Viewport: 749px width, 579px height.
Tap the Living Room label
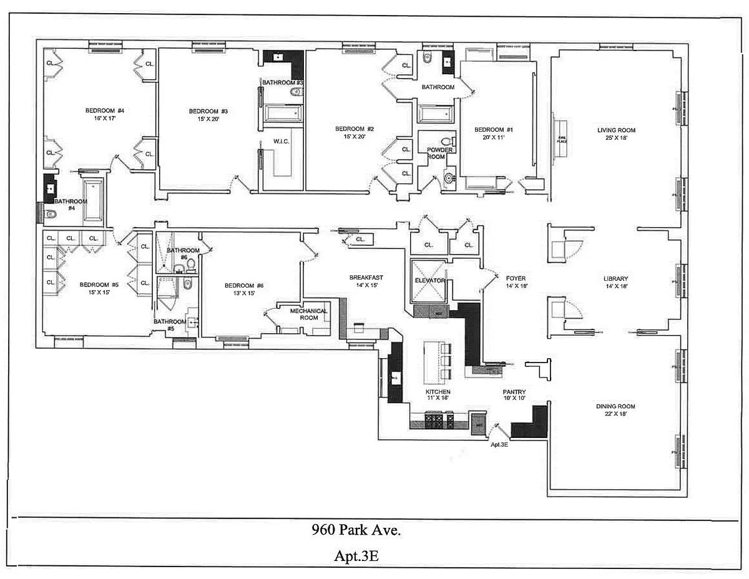(616, 130)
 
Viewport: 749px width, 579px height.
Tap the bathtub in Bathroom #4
(94, 200)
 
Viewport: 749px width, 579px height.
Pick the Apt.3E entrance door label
(499, 445)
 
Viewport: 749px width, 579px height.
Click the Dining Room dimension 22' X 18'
(615, 414)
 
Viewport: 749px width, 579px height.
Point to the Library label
(615, 279)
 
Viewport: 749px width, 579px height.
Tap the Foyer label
(516, 278)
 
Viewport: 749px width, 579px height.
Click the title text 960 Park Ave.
(356, 531)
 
